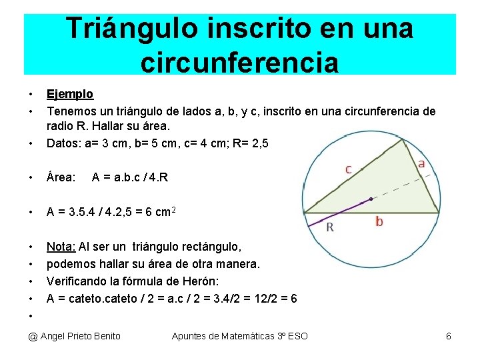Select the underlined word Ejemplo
coord(69,94)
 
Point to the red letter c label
coord(348,169)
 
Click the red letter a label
coord(422,163)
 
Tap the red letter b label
coord(379,221)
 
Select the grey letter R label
coord(329,227)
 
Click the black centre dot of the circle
coord(371,199)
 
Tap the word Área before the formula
coord(60,177)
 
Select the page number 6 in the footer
coord(449,336)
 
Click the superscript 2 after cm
coord(173,209)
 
